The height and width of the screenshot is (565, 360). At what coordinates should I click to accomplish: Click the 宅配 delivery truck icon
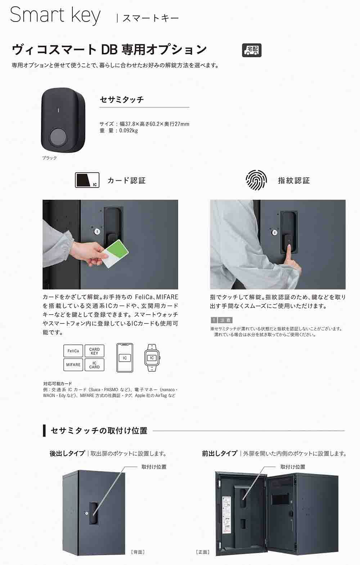252,50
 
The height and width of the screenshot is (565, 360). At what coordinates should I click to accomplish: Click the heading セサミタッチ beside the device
122,100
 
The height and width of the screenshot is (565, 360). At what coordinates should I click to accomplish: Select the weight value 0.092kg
129,131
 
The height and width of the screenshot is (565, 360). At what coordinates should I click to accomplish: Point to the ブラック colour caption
49,158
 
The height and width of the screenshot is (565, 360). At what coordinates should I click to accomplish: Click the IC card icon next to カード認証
87,180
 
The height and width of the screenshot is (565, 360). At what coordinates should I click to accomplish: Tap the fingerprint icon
256,180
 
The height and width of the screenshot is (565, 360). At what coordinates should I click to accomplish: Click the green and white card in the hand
115,253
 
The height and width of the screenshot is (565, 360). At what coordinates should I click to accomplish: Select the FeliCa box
73,351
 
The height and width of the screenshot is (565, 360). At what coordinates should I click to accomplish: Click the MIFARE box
73,365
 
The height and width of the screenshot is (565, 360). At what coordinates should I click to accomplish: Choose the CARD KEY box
94,351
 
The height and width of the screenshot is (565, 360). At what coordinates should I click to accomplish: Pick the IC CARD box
94,365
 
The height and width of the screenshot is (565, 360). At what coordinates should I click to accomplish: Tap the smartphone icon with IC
125,358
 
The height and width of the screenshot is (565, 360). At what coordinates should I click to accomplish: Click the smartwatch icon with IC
152,358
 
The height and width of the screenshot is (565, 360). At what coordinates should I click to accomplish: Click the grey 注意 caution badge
221,320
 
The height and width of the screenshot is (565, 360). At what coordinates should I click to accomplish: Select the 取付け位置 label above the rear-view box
154,467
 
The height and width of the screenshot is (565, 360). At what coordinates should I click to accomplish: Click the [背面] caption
138,552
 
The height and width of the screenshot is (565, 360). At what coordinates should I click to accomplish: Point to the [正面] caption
203,552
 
